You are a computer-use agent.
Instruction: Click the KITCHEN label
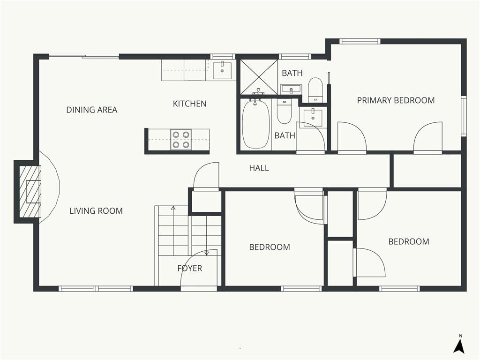point(189,104)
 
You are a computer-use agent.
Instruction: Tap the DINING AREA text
point(92,110)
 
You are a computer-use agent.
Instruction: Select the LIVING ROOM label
point(96,211)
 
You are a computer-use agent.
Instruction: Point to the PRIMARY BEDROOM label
point(396,100)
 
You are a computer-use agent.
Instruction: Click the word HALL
point(259,168)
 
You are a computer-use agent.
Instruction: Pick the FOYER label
point(190,269)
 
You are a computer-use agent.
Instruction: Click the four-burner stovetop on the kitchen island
point(181,140)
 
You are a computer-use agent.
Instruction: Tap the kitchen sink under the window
point(222,70)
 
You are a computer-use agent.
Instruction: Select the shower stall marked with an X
point(259,77)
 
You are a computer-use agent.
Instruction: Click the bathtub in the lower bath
point(256,124)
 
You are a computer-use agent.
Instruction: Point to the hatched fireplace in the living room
point(30,192)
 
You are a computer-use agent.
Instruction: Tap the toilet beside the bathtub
point(284,111)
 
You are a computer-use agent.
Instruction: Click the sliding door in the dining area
point(84,56)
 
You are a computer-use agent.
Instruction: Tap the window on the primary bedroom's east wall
point(464,116)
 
